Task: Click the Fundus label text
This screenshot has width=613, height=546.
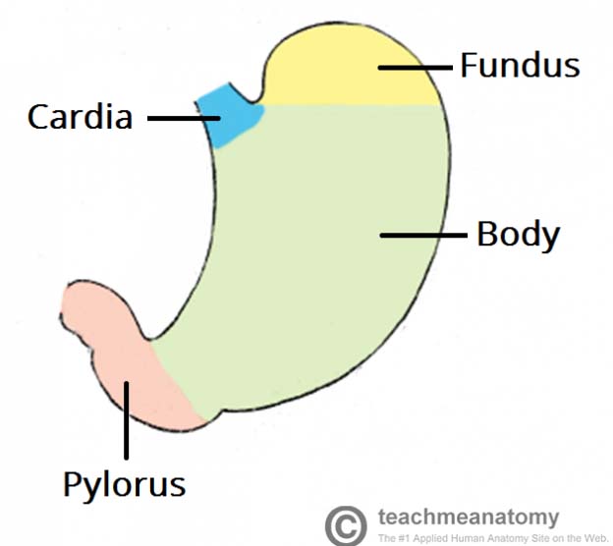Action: tap(521, 67)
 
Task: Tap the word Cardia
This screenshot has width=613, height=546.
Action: tap(80, 118)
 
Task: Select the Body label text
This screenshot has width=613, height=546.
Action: tap(518, 236)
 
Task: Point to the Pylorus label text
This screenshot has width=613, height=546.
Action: tap(124, 484)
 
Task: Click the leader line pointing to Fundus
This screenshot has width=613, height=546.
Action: tap(417, 67)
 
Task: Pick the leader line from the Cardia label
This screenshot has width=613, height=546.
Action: tap(184, 119)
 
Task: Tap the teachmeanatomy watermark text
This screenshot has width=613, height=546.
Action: tap(468, 517)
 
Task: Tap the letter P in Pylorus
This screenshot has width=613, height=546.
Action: tap(72, 483)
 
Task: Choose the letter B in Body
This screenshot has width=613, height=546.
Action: tap(485, 236)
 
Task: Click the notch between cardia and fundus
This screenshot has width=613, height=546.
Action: tap(257, 99)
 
